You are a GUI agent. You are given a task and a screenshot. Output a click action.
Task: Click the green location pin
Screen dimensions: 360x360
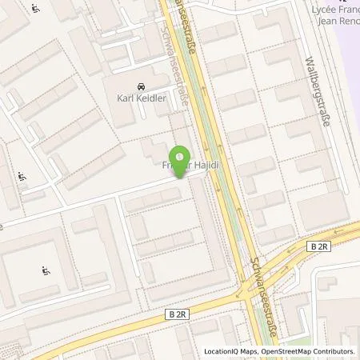(182, 158)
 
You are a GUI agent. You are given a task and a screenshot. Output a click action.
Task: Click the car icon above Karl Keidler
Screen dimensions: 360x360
(140, 87)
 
